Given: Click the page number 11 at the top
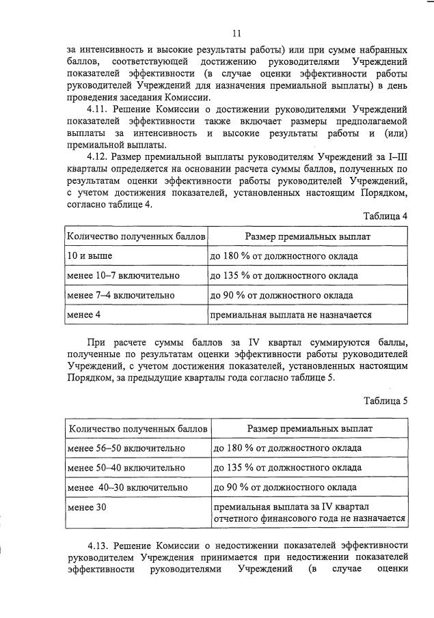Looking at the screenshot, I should coord(236,33).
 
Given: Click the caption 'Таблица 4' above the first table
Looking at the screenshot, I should coord(385,216).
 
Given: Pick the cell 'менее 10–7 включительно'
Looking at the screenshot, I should coord(123,276).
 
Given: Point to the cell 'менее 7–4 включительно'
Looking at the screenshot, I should coord(120,296).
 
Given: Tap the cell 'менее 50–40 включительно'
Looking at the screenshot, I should coord(126,468).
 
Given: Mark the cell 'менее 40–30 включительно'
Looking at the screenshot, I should coord(127,488).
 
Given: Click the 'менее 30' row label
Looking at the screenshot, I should coord(87,507).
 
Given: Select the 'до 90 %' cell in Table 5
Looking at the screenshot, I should coord(284,488).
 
